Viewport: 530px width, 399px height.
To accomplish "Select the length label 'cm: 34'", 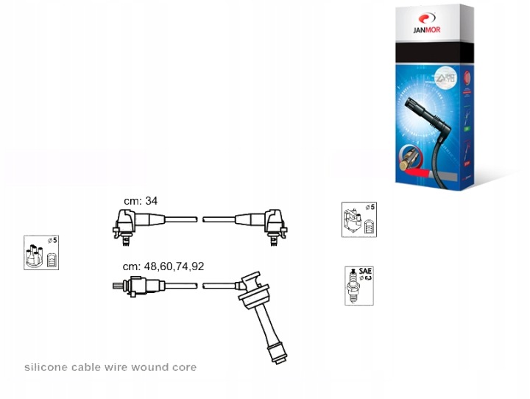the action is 141,200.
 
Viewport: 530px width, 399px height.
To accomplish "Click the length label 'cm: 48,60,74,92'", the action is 163,266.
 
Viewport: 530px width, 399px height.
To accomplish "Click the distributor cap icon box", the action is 41,253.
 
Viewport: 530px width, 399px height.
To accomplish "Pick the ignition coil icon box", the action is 359,219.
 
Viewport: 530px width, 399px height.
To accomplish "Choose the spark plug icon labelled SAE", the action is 359,286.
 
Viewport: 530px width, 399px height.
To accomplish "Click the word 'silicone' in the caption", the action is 46,367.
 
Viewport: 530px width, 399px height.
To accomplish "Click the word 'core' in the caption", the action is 184,367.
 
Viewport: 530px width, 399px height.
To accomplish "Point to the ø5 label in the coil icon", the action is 370,208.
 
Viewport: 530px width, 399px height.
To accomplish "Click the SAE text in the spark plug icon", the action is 365,271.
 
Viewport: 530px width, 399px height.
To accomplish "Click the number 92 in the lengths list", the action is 197,266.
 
